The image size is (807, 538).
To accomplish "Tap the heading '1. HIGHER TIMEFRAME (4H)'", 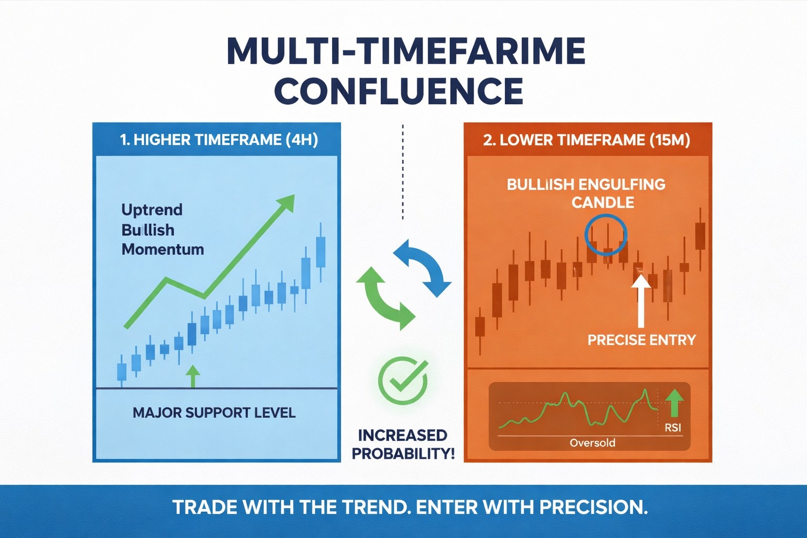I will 219,140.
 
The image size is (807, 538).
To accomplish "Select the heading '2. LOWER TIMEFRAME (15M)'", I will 586,140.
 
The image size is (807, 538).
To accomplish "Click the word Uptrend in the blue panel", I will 152,210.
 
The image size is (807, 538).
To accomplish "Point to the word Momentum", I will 162,249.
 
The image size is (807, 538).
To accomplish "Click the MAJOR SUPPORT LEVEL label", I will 214,412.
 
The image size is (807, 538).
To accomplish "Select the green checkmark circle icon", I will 402,381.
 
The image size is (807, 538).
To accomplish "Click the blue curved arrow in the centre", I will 425,265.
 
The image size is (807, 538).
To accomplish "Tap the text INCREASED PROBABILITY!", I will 403,444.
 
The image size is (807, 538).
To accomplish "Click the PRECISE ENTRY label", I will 641,340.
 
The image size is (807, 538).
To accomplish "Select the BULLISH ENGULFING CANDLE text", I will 586,193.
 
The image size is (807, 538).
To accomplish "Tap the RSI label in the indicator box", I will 672,428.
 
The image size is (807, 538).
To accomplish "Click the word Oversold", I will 592,443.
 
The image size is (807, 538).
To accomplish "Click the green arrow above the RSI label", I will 674,402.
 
